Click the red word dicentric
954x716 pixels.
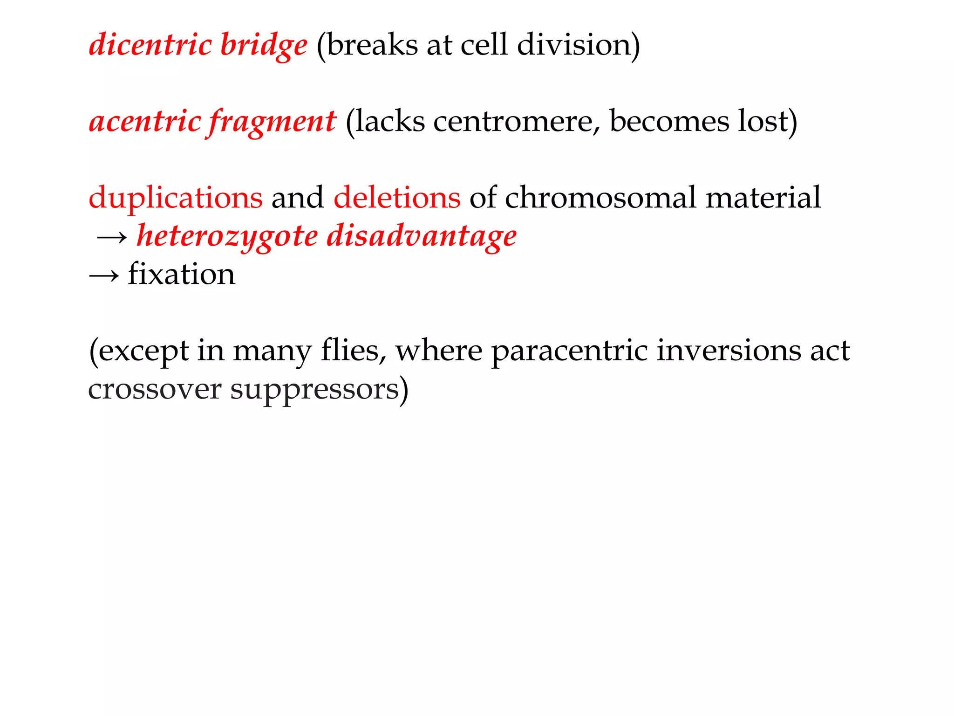coord(150,45)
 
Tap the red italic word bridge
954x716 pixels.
coord(263,46)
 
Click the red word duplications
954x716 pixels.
coord(175,198)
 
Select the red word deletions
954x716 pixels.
coord(397,198)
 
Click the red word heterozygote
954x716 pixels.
coord(227,237)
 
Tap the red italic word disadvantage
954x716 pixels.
coord(422,237)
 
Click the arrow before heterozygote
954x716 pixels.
coord(112,238)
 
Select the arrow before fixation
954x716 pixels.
coord(103,276)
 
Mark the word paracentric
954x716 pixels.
coord(569,351)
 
